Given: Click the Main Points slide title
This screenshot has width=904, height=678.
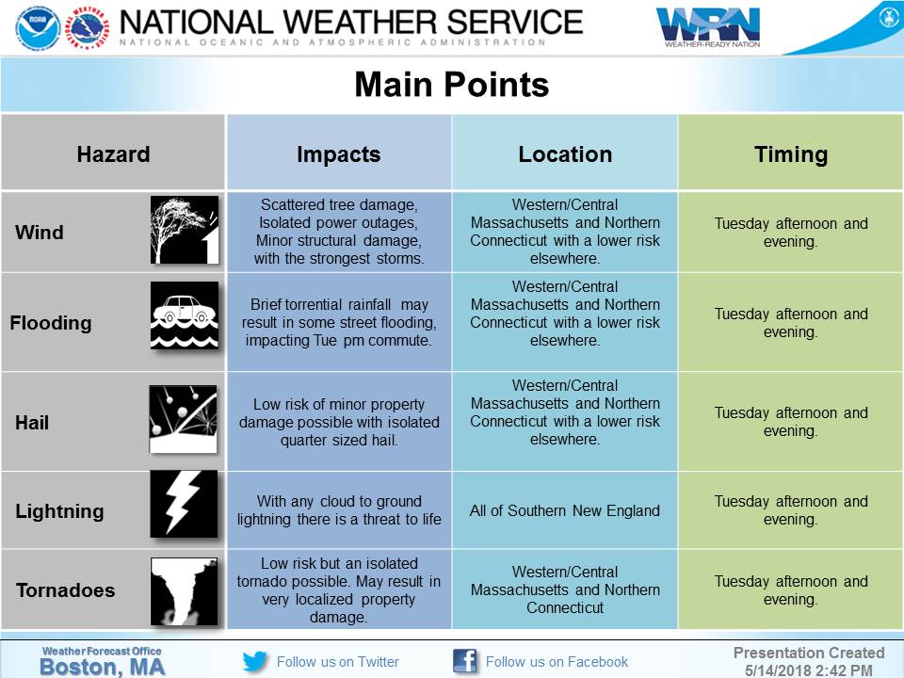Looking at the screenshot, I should click(x=451, y=86).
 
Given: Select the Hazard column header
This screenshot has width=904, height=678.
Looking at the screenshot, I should click(x=113, y=154).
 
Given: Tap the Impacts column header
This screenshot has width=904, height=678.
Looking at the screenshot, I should click(x=338, y=154).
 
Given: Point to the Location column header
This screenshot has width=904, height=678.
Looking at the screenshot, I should click(x=565, y=154).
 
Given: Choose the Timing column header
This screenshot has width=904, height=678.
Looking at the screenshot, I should click(x=791, y=154).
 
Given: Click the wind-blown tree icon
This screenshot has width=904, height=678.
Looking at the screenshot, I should click(x=185, y=230).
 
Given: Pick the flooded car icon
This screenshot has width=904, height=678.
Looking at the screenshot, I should click(x=185, y=316).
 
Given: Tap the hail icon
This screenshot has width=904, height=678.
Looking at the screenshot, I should click(x=184, y=419).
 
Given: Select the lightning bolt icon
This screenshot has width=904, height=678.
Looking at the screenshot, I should click(x=184, y=505).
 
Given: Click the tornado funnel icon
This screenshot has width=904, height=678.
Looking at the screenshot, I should click(x=185, y=591).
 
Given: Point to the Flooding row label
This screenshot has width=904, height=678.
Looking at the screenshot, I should click(x=51, y=323).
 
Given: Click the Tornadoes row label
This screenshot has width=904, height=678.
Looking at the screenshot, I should click(x=65, y=591).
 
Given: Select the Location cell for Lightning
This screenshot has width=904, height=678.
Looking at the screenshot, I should click(x=565, y=511).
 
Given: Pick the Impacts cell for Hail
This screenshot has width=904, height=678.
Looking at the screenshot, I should click(x=339, y=422).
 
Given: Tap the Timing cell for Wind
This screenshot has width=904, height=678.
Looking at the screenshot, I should click(x=791, y=233).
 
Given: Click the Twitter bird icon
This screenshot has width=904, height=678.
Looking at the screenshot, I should click(x=255, y=661).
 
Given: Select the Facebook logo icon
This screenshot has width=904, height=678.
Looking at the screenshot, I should click(x=464, y=661).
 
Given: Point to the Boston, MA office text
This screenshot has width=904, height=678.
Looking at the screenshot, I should click(x=102, y=666).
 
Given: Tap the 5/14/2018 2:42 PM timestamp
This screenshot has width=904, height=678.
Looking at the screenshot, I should click(x=810, y=670).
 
